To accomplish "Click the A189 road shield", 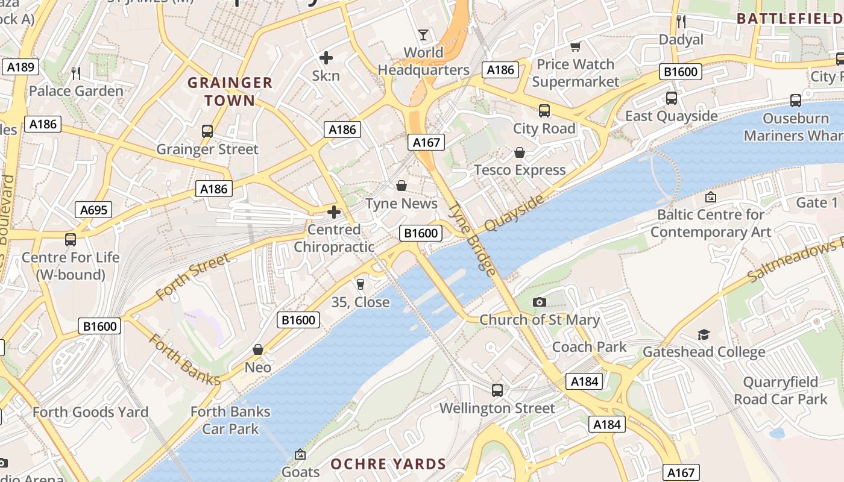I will pyautogui.click(x=20, y=67).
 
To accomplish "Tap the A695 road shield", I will pyautogui.click(x=93, y=210).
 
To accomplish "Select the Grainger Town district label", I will pyautogui.click(x=230, y=92).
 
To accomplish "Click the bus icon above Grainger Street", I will pyautogui.click(x=207, y=131).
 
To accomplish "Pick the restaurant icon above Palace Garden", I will pyautogui.click(x=76, y=73).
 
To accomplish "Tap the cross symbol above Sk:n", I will pyautogui.click(x=326, y=58).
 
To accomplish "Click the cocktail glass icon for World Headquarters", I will pyautogui.click(x=423, y=34).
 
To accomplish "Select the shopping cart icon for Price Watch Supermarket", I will pyautogui.click(x=576, y=46).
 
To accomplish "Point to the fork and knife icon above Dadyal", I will pyautogui.click(x=681, y=22).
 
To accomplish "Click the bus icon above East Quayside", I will pyautogui.click(x=672, y=98).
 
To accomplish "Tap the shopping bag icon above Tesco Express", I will pyautogui.click(x=520, y=152).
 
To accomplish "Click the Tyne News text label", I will pyautogui.click(x=402, y=204).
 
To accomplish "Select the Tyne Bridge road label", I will pyautogui.click(x=473, y=239).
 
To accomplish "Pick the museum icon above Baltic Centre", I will pyautogui.click(x=711, y=196).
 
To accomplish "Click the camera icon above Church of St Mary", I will pyautogui.click(x=540, y=302).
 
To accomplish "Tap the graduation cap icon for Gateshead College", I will pyautogui.click(x=704, y=334).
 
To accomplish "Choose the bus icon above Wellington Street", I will pyautogui.click(x=497, y=390).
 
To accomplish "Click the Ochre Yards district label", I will pyautogui.click(x=388, y=464).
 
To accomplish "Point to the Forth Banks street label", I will pyautogui.click(x=184, y=360).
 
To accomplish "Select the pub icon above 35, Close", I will pyautogui.click(x=361, y=284).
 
